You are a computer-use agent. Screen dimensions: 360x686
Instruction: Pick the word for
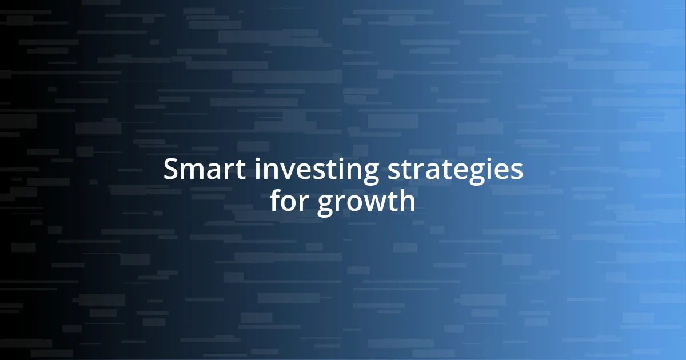pos(289,201)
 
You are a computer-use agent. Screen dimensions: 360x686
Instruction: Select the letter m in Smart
pos(189,171)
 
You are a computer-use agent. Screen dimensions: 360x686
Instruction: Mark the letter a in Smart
pos(208,171)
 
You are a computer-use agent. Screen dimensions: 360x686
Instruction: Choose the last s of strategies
pos(516,171)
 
